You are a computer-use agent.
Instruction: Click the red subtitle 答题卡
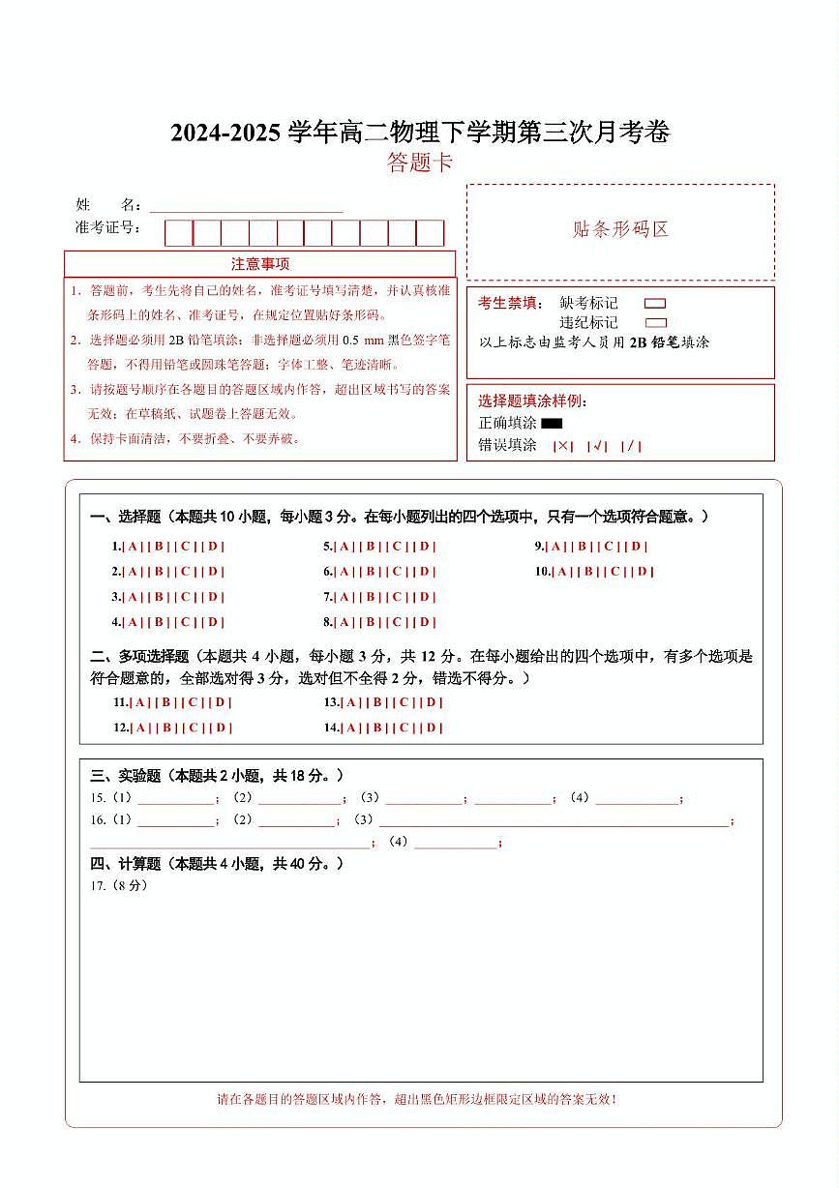420,163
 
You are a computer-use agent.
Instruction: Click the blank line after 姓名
246,208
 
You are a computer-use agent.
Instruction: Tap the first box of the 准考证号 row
178,233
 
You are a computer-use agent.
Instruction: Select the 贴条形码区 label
620,229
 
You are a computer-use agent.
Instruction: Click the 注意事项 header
259,264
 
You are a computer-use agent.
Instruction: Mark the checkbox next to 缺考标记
655,304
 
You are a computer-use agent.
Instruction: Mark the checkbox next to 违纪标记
655,323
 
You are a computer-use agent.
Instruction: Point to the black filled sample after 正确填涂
552,423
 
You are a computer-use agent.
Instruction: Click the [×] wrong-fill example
563,446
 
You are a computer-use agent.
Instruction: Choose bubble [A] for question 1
133,547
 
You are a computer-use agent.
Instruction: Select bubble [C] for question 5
397,547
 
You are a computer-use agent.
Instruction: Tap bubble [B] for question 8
371,623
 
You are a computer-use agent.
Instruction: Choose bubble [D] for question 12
222,728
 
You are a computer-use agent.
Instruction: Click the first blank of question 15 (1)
175,800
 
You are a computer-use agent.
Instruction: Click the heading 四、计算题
127,864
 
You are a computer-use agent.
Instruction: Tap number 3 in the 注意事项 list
75,390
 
